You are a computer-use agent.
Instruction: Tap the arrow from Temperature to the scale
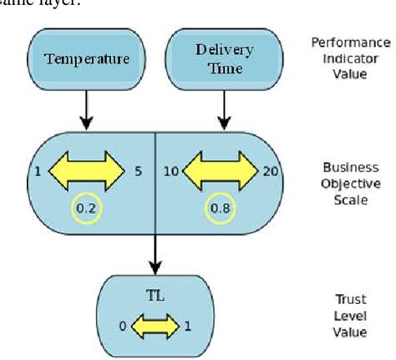86,109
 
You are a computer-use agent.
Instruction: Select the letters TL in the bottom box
154,295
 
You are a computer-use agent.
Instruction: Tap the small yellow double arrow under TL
154,324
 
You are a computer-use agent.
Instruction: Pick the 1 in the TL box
187,325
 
